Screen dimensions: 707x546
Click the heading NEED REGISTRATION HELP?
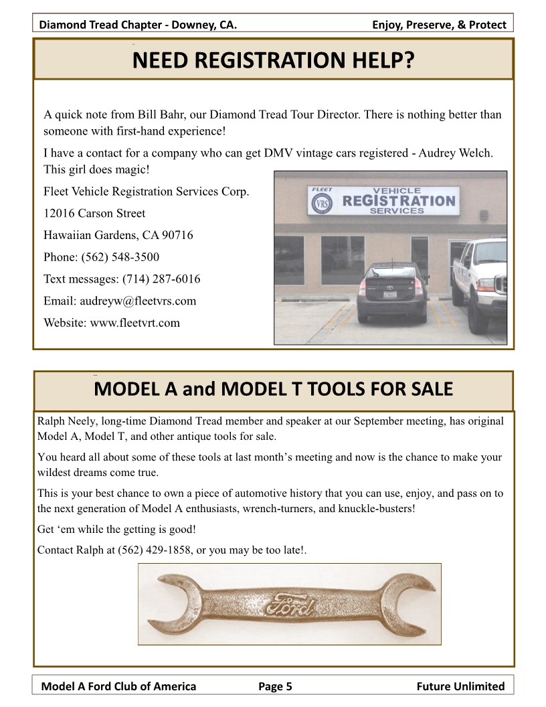(274, 61)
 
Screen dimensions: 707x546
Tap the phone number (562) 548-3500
(120, 257)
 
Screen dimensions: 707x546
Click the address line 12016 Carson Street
(94, 214)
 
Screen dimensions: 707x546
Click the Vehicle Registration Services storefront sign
(383, 200)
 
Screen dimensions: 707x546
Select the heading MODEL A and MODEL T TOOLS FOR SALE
(274, 389)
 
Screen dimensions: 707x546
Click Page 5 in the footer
(275, 686)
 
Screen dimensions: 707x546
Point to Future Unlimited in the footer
(460, 686)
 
